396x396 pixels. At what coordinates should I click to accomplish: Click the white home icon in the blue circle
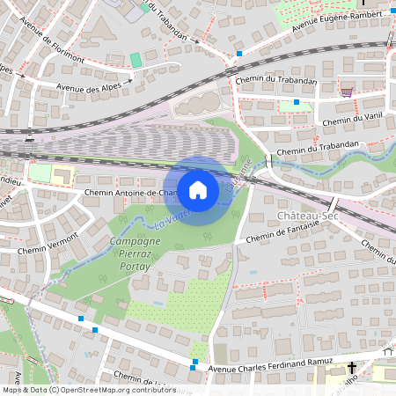pos(198,189)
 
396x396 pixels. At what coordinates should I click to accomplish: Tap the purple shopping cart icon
pos(347,92)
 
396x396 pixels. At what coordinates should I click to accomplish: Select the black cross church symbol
pos(352,367)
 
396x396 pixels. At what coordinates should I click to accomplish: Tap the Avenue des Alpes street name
pos(89,86)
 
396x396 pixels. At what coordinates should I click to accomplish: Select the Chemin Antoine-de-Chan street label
pos(131,192)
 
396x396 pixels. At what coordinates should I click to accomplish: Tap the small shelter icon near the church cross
pos(388,351)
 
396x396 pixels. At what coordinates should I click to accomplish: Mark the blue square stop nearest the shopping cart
pos(297,102)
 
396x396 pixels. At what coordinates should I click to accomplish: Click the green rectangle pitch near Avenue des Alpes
pos(136,59)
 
